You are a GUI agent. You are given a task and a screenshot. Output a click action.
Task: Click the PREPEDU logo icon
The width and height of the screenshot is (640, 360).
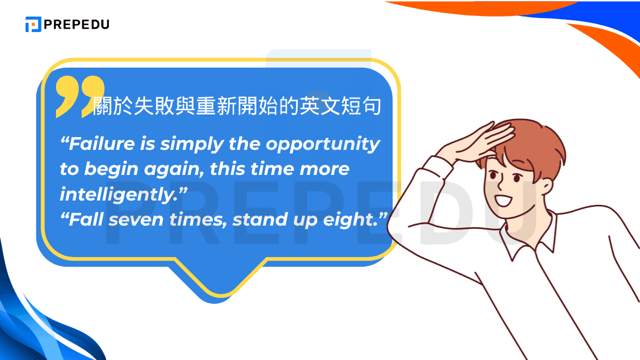33,25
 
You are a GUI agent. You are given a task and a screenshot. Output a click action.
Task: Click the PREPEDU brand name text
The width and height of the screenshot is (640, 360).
77,25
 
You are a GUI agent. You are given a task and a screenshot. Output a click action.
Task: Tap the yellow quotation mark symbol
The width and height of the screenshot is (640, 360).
80,96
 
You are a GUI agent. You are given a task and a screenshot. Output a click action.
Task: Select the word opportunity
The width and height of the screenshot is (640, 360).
323,144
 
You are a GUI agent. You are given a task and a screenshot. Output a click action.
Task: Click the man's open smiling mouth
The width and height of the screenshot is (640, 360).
504,201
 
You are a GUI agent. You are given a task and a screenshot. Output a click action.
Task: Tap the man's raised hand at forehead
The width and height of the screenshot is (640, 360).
469,141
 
